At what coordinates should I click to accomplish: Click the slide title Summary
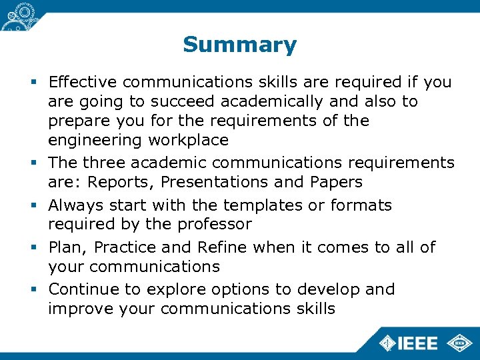pos(239,45)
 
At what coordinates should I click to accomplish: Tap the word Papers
pos(337,182)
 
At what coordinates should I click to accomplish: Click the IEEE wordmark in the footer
pos(417,343)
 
